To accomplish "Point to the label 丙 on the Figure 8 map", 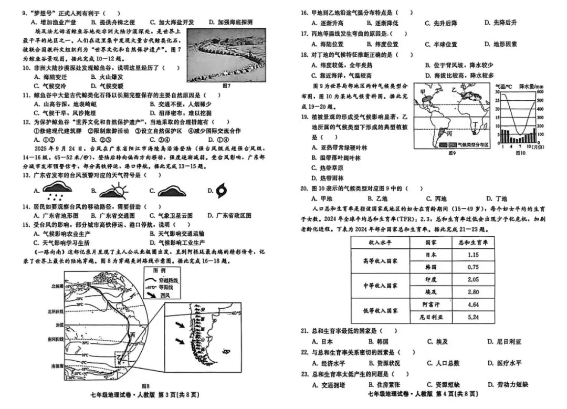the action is [133, 334].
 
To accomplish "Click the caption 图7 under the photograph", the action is [227, 85].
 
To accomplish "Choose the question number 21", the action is [304, 330].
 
